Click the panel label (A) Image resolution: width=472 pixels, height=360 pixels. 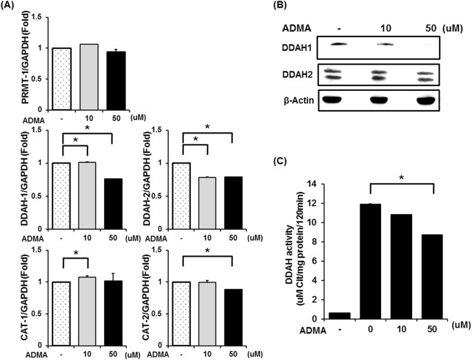[12, 8]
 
